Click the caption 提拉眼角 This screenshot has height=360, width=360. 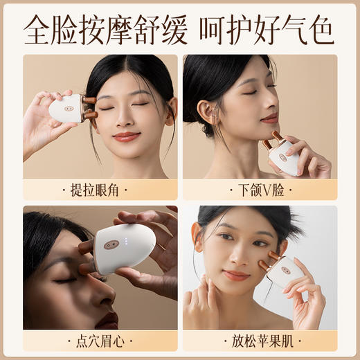click(x=100, y=190)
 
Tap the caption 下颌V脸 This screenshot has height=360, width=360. click(x=260, y=190)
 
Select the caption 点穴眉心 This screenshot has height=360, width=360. click(x=100, y=341)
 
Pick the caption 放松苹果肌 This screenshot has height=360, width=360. click(x=260, y=341)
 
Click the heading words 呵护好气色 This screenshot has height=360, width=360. click(x=267, y=29)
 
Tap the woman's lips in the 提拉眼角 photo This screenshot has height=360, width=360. click(x=126, y=136)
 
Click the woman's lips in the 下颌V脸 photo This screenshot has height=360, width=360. click(x=269, y=118)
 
